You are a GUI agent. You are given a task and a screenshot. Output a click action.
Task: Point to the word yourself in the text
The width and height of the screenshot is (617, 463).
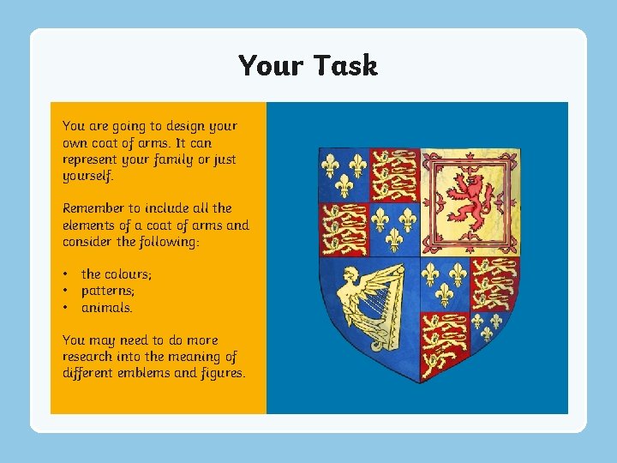tap(88, 176)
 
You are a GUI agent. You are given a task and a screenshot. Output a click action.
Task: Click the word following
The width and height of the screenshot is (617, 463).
tap(170, 242)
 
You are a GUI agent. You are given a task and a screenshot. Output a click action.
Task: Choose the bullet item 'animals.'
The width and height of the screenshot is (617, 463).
tap(107, 307)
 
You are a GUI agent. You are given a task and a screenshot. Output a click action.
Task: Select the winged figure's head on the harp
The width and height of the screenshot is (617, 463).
tap(349, 275)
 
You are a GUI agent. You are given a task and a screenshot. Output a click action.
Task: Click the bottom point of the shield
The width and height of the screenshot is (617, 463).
tap(419, 382)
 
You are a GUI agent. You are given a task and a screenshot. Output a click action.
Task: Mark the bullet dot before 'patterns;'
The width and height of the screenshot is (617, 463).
tap(65, 291)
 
